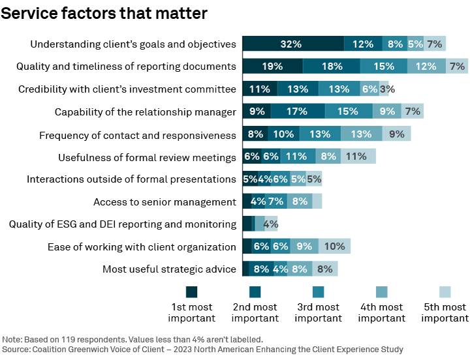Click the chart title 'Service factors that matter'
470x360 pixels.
104,13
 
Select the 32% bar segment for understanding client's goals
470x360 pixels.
292,44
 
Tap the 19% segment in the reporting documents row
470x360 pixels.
272,66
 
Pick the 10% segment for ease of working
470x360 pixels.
334,247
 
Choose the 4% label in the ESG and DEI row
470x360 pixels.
271,224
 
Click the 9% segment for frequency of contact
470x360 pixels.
396,134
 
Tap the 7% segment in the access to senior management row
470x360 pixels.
275,202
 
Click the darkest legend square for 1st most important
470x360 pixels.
191,292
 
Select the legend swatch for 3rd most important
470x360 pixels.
319,292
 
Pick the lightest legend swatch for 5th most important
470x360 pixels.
445,292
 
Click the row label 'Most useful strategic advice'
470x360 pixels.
169,269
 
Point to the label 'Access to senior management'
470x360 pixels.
164,202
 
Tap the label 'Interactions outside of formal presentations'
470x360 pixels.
131,179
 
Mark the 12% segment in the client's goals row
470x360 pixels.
363,44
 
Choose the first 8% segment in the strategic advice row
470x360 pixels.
261,269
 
